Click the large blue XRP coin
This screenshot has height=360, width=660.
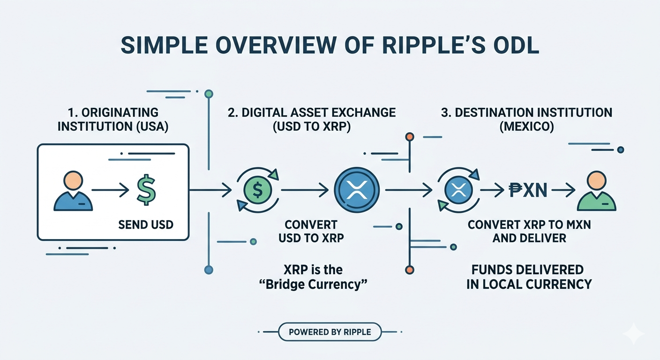358,189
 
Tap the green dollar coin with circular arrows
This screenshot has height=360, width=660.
257,190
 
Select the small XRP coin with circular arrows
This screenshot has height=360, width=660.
457,190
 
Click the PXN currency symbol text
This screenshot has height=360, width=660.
528,190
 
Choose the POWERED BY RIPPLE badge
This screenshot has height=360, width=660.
330,332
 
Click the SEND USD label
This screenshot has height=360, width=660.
146,225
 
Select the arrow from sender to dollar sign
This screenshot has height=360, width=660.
110,190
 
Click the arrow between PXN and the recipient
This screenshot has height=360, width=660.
563,190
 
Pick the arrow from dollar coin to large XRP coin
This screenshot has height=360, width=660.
304,190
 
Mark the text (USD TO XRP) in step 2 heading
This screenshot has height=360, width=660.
311,127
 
